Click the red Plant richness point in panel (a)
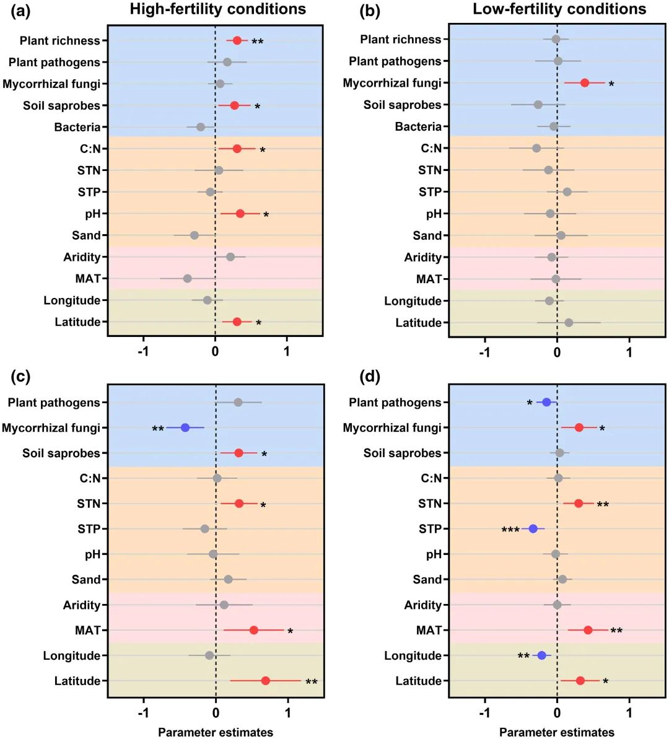click(x=237, y=41)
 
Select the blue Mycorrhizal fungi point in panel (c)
click(x=185, y=427)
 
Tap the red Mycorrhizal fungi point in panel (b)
click(x=584, y=83)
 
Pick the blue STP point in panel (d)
click(x=533, y=528)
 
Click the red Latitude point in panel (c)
click(x=265, y=681)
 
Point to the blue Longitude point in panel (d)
click(x=542, y=655)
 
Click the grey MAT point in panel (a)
click(x=187, y=279)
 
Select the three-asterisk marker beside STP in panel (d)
click(x=510, y=530)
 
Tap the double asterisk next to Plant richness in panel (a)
click(x=257, y=43)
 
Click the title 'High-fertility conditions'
click(x=217, y=9)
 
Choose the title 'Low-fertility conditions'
click(x=559, y=9)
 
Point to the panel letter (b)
click(x=370, y=11)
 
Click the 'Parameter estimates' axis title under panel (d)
click(x=556, y=732)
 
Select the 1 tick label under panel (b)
click(x=629, y=352)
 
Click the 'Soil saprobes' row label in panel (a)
click(x=61, y=105)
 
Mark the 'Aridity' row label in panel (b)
click(x=422, y=257)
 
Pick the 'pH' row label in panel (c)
click(x=92, y=554)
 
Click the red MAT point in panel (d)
click(x=588, y=630)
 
